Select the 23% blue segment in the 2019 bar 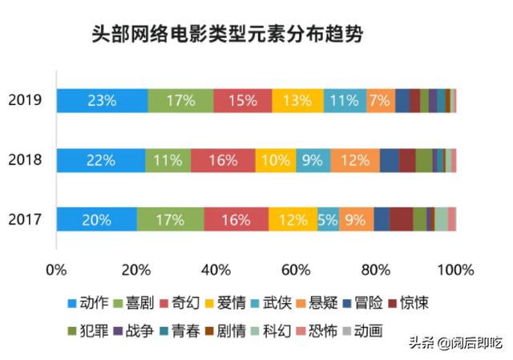point(102,101)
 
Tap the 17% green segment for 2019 point(180,101)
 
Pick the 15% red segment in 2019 point(243,101)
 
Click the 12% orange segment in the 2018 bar point(355,160)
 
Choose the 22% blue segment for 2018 point(100,160)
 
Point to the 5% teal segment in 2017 point(327,219)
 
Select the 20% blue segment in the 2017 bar point(96,219)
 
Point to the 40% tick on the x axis point(216,268)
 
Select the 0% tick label point(56,268)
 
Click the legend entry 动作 point(90,304)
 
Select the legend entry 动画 point(364,330)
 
